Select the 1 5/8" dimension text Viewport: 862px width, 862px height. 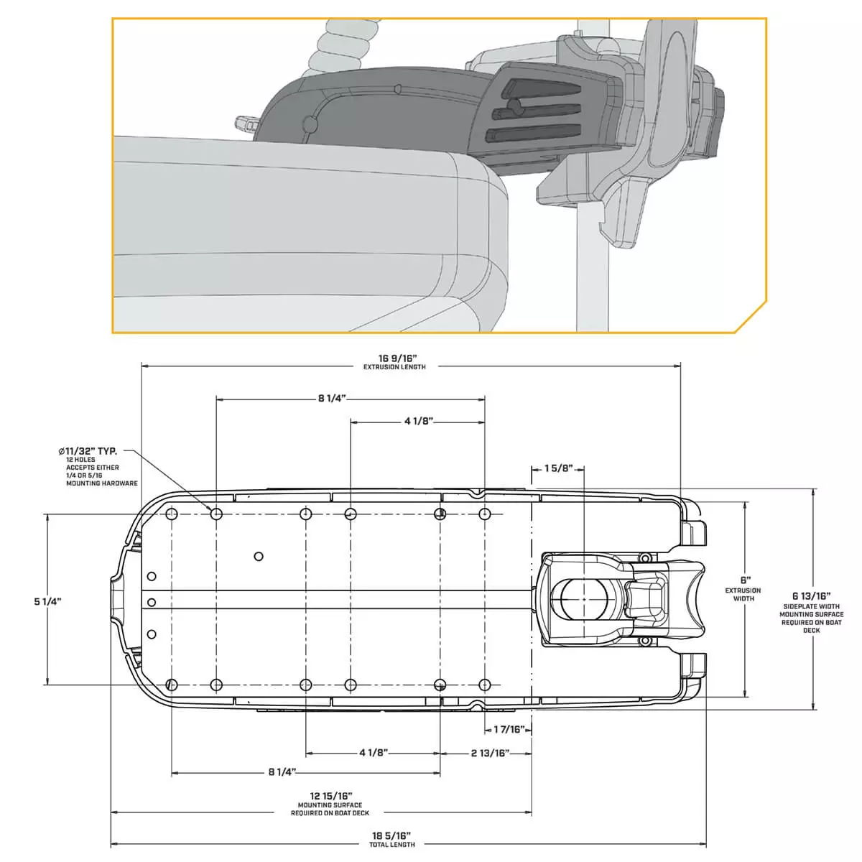[558, 468]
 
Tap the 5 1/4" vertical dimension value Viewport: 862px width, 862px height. [47, 601]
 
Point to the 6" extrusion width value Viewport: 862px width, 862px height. [744, 580]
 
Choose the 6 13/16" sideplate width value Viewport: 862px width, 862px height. [811, 595]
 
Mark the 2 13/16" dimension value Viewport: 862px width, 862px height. [491, 753]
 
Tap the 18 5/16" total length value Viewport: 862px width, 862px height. [391, 835]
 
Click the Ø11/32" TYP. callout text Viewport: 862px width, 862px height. [88, 451]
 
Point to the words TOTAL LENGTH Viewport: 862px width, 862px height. [391, 845]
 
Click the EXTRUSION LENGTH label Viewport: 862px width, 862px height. [394, 367]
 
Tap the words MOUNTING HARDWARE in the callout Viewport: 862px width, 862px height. [102, 483]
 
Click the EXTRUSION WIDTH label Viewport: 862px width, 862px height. [743, 594]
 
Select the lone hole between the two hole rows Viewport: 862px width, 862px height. [259, 556]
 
